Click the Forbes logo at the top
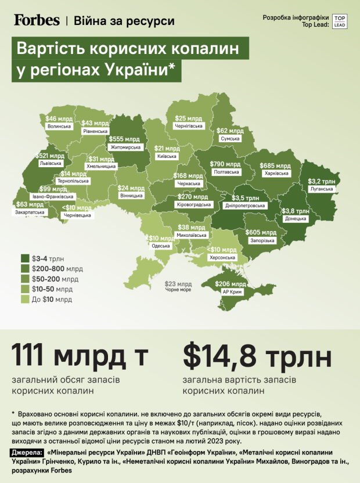(x=37, y=20)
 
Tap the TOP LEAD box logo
(x=340, y=20)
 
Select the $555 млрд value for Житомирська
(x=124, y=139)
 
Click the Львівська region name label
(x=49, y=164)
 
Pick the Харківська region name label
(x=275, y=173)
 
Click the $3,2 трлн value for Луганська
(x=322, y=181)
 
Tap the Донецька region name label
(x=296, y=219)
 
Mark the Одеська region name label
(x=161, y=246)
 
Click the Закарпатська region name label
(x=28, y=212)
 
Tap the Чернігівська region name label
(x=189, y=126)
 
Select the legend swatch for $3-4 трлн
(x=25, y=258)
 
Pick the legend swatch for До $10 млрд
(x=25, y=300)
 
